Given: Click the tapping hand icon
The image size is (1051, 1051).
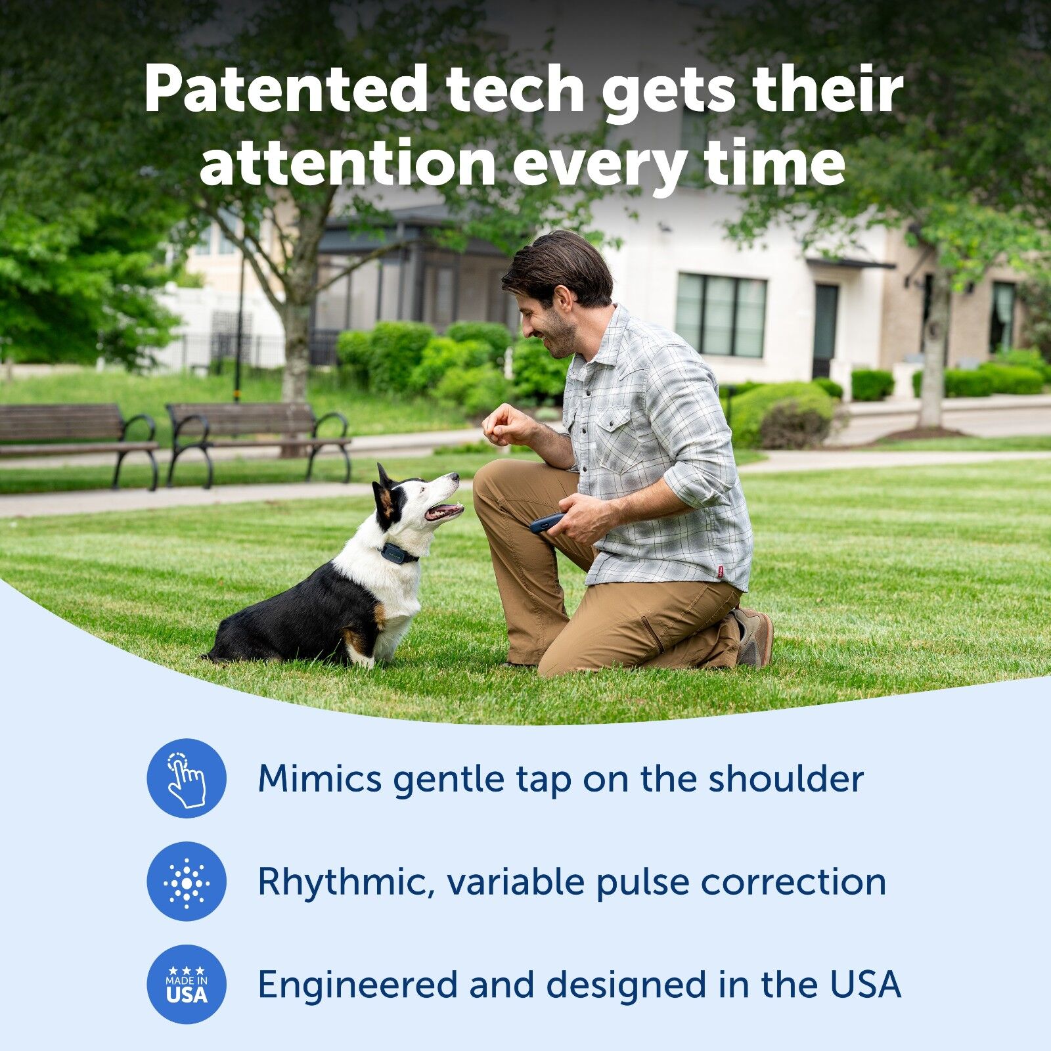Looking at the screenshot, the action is tap(187, 778).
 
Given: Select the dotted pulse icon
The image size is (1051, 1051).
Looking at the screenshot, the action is tap(187, 882).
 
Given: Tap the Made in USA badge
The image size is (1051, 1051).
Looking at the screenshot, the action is tap(187, 984).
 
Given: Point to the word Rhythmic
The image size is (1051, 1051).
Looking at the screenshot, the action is tap(346, 882).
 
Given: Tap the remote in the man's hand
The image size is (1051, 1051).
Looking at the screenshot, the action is tap(547, 523).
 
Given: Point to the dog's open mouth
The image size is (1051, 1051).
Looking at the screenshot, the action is tap(444, 510).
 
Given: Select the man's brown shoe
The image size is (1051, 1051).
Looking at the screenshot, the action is tap(753, 637).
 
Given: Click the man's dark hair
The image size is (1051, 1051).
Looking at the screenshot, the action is tap(558, 266).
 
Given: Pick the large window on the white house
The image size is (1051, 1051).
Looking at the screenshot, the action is tap(721, 315).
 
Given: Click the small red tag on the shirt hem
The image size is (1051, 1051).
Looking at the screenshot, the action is tap(721, 572).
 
